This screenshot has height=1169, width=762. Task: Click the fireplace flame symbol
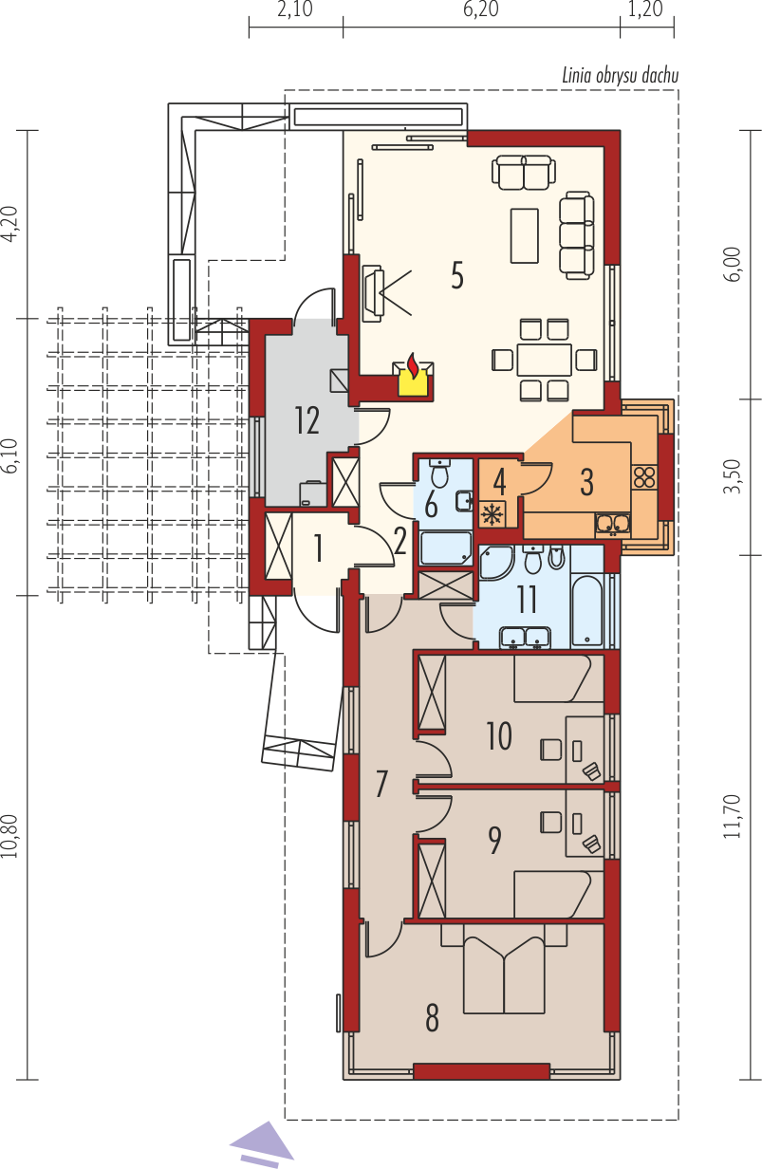tap(413, 364)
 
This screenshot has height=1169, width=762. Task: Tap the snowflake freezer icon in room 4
tap(492, 514)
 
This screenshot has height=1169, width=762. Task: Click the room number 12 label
tap(307, 421)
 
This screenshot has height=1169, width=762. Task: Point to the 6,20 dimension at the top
tap(481, 9)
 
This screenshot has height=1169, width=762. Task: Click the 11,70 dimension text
tap(734, 816)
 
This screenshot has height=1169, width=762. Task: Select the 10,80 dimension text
tap(11, 836)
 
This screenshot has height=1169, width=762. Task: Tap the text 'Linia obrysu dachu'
tap(621, 76)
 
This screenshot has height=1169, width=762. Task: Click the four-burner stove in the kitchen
tap(644, 477)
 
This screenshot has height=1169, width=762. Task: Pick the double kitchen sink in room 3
tap(613, 525)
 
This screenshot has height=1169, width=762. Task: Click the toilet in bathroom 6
tap(441, 473)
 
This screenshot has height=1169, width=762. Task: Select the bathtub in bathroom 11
tap(587, 611)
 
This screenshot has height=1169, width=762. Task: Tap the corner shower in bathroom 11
tap(494, 563)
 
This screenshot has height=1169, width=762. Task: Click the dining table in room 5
tap(545, 360)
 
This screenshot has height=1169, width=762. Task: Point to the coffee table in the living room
tap(525, 235)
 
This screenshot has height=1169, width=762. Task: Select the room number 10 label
tap(499, 736)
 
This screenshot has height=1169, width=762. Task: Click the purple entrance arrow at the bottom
tap(262, 1142)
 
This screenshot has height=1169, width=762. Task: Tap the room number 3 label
tap(587, 482)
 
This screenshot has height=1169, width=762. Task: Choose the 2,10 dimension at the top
tap(295, 9)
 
